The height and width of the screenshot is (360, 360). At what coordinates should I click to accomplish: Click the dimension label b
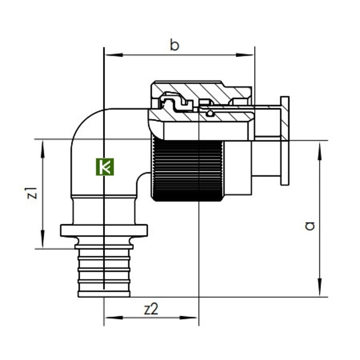[174, 45]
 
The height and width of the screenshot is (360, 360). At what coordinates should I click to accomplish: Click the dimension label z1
[32, 193]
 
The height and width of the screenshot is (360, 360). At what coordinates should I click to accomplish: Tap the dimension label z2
[151, 309]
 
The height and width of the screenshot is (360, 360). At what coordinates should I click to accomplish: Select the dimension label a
[310, 226]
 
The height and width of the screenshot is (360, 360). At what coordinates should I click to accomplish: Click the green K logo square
[105, 167]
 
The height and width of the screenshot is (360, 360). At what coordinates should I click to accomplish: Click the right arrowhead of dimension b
[245, 55]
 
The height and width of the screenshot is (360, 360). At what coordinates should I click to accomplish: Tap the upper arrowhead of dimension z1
[43, 149]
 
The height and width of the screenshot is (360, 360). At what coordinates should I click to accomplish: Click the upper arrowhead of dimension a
[320, 151]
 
